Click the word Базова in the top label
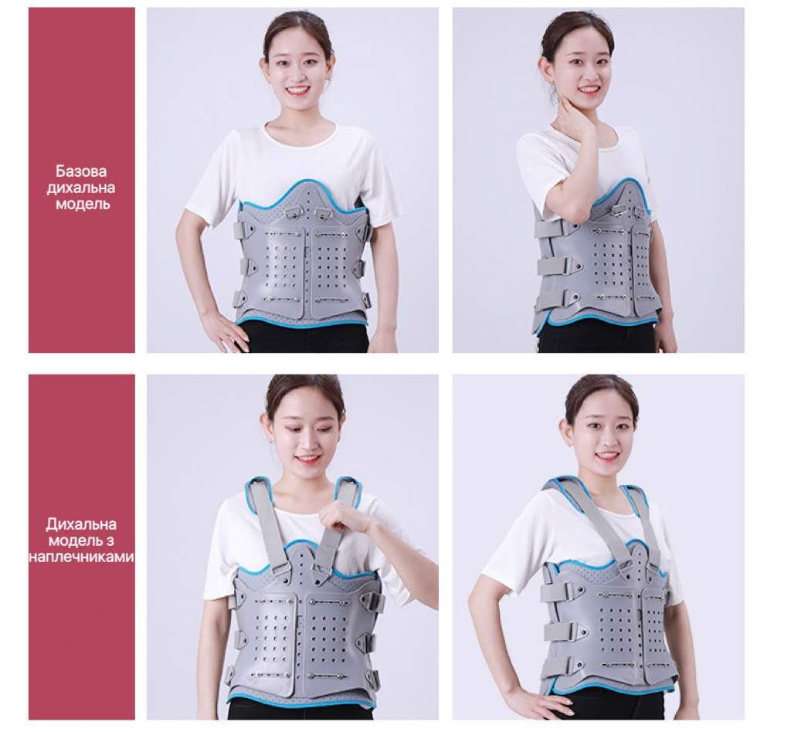pos(81,171)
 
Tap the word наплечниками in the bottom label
pos(82,557)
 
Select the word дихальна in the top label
pos(81,188)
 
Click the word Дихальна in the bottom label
pos(81,524)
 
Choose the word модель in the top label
pos(82,205)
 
